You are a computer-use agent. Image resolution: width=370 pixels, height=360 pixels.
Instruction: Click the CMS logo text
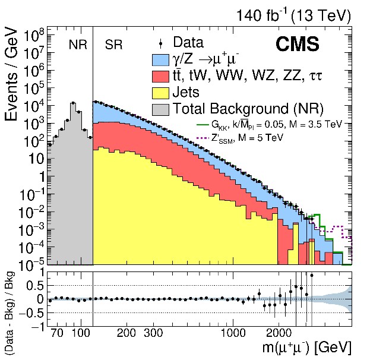pos(297,45)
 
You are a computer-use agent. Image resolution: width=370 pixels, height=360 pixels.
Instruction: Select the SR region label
pos(113,45)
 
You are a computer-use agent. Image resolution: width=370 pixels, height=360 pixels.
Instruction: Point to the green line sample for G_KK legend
pos(203,126)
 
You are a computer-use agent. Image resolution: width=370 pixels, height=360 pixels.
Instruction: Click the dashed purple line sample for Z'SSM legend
pos(203,137)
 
